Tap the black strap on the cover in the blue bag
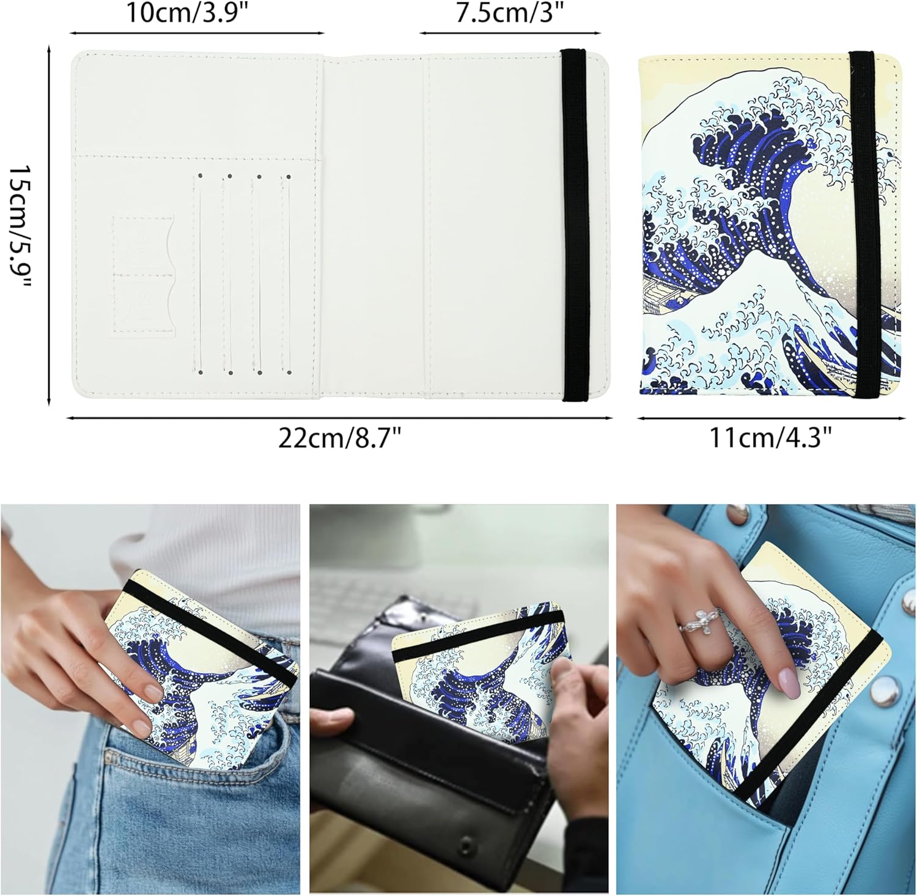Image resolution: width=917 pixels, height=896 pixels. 813,722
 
